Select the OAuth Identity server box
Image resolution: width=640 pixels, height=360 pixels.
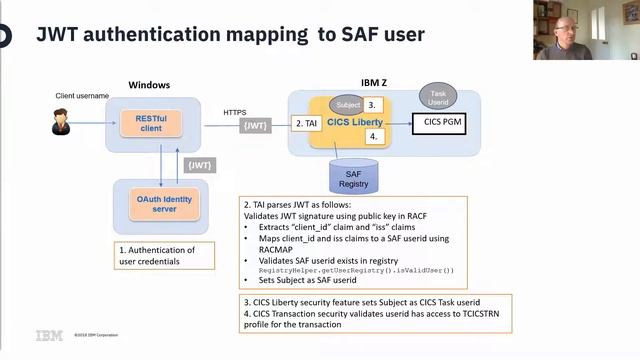point(161,205)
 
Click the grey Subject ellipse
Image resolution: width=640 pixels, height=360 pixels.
point(348,104)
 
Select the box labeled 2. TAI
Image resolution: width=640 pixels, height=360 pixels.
point(305,123)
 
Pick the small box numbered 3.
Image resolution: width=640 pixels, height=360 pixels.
point(372,104)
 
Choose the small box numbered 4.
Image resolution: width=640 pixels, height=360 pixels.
point(372,135)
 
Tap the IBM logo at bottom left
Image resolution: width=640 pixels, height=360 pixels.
point(49,335)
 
